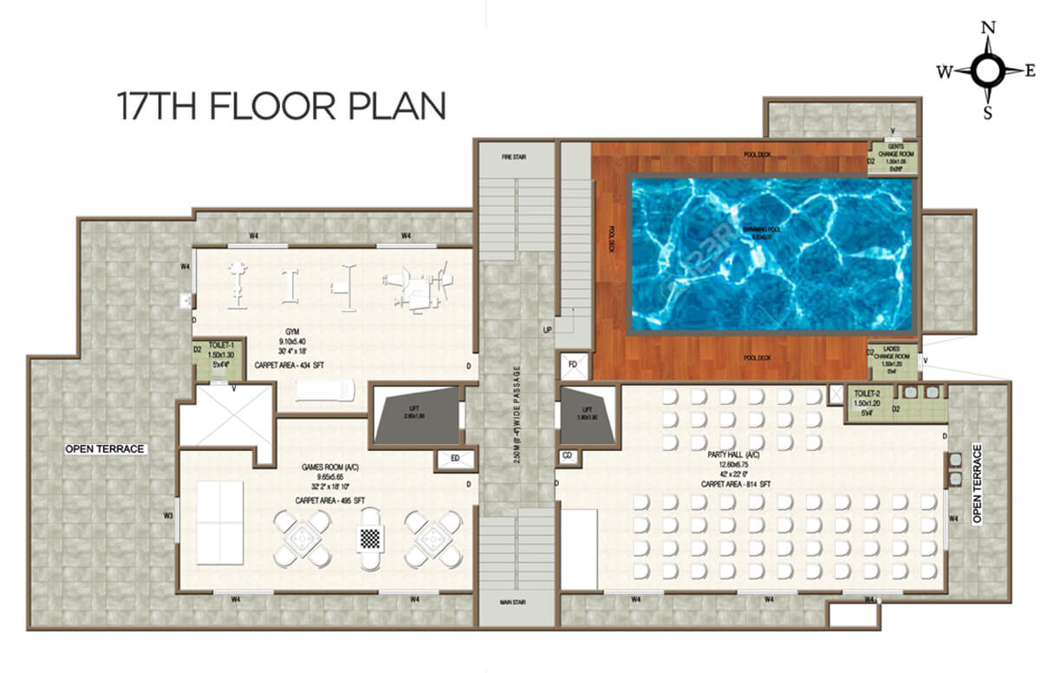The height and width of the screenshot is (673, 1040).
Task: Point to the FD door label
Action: [573, 364]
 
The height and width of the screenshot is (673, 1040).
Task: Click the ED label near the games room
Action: [453, 459]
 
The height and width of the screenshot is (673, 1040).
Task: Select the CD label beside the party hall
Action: [567, 454]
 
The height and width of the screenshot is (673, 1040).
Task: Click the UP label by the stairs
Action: [547, 330]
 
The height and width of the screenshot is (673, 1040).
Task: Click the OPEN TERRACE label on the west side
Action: [105, 449]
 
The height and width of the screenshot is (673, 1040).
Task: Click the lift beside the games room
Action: [416, 415]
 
